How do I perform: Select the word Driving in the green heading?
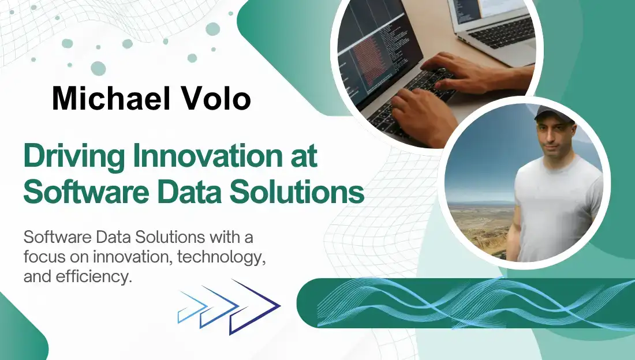pyautogui.click(x=74, y=156)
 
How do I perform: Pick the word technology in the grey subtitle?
pyautogui.click(x=221, y=257)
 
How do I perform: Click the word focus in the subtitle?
pyautogui.click(x=44, y=257)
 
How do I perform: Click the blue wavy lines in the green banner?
pyautogui.click(x=476, y=303)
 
